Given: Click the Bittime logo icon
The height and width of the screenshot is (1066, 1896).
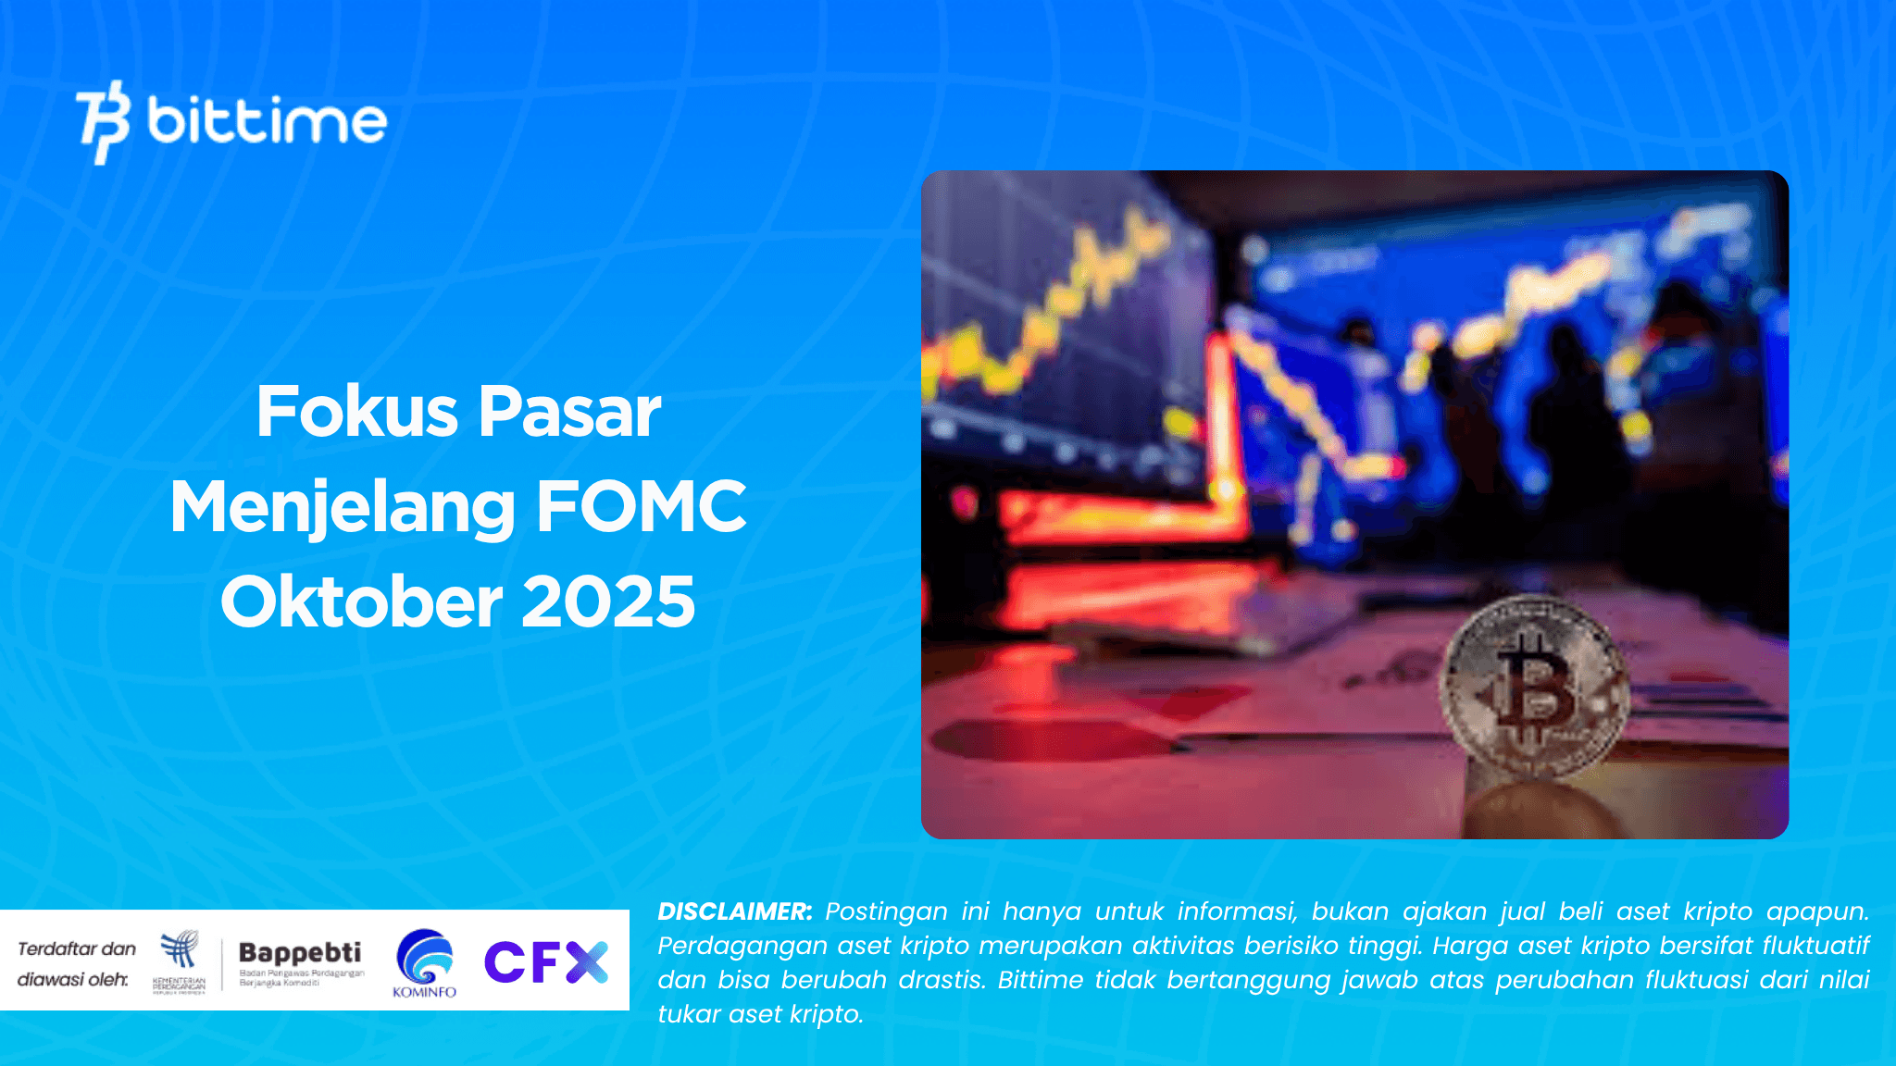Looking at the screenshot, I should coord(102,121).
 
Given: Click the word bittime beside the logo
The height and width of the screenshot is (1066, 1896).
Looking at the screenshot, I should coord(267,121).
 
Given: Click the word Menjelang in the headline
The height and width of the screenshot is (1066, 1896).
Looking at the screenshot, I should coord(343,508).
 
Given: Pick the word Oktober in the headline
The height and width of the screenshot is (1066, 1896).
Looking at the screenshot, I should coord(361,601).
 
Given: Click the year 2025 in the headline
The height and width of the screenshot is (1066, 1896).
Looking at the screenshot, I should coord(608,601).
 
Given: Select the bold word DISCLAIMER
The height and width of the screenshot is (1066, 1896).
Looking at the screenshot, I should coord(734,911).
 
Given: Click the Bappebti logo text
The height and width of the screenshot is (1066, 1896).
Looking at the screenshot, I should coord(300,952).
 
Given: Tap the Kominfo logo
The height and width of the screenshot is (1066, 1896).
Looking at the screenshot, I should coord(424,962).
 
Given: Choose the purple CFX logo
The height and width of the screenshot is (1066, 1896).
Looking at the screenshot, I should coord(546,961).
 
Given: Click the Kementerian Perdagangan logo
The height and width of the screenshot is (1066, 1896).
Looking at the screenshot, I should coord(180,961).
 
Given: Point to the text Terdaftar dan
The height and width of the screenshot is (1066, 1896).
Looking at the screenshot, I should coord(77,948).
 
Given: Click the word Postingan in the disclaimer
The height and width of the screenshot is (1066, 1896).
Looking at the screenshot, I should coord(886,911).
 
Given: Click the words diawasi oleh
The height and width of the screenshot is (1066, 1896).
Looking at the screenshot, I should coord(72,979).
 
